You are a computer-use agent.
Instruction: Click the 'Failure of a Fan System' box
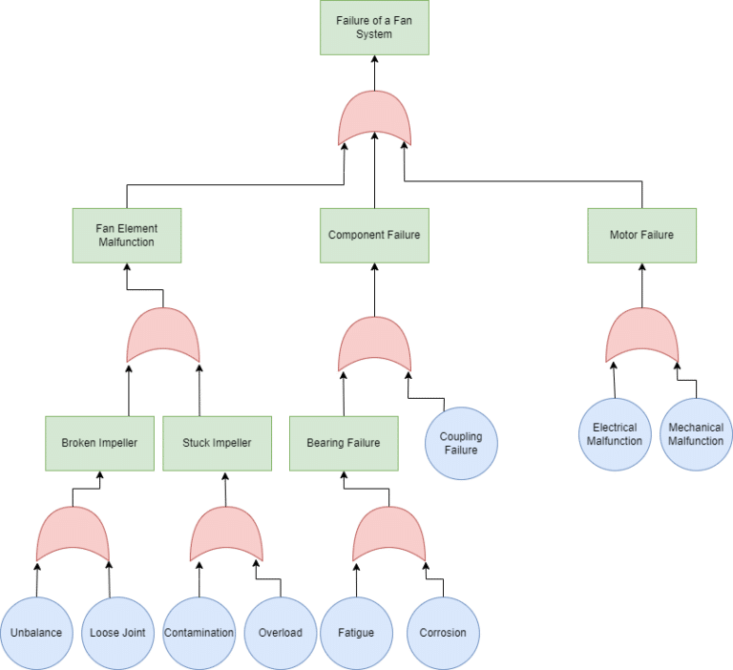pyautogui.click(x=374, y=27)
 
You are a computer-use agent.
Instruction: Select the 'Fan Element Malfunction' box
pyautogui.click(x=127, y=235)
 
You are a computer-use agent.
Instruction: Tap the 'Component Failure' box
pyautogui.click(x=374, y=235)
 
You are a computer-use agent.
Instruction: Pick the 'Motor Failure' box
pyautogui.click(x=641, y=235)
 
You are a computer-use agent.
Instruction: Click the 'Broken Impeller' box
pyautogui.click(x=99, y=443)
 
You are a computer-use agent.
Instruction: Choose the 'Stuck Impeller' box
pyautogui.click(x=217, y=443)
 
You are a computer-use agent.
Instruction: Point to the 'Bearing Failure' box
pyautogui.click(x=344, y=443)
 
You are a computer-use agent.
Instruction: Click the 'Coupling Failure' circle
pyautogui.click(x=461, y=443)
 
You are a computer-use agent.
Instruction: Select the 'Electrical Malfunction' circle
pyautogui.click(x=616, y=434)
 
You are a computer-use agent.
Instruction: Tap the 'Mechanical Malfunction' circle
pyautogui.click(x=696, y=434)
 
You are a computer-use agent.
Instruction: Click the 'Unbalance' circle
pyautogui.click(x=37, y=633)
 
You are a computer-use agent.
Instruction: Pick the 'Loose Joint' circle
pyautogui.click(x=116, y=633)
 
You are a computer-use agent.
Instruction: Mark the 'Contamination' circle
pyautogui.click(x=199, y=633)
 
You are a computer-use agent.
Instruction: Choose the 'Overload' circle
pyautogui.click(x=281, y=633)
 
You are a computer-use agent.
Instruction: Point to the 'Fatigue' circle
pyautogui.click(x=356, y=633)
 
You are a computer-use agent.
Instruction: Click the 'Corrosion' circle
pyautogui.click(x=443, y=633)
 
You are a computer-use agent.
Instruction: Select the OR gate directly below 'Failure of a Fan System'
pyautogui.click(x=374, y=118)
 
